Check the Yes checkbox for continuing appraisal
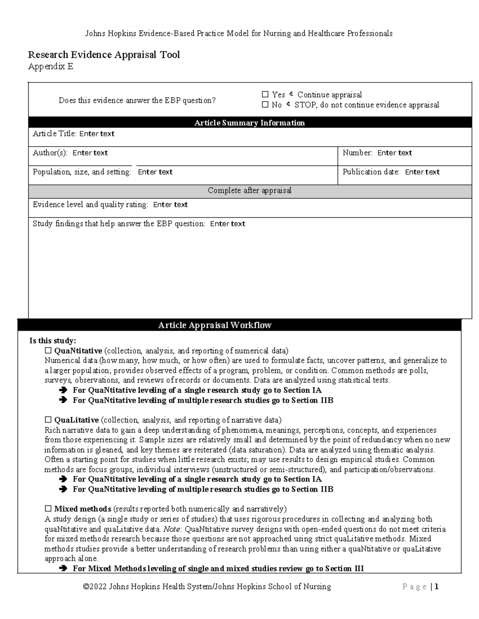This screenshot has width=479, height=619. (x=265, y=95)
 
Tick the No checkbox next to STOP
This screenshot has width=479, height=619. (x=265, y=105)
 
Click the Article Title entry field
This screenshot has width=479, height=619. (x=97, y=134)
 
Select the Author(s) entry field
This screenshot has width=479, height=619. (x=90, y=153)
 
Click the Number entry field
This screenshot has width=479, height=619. (x=394, y=153)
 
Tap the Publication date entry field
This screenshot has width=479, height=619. (x=422, y=172)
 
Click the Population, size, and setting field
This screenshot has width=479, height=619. (x=155, y=172)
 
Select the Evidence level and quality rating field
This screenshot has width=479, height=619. (x=170, y=205)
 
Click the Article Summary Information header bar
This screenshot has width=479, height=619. (x=249, y=123)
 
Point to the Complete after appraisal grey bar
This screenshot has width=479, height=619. (x=249, y=191)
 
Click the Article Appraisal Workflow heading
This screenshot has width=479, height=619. (x=215, y=326)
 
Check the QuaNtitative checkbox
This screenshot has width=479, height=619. (x=48, y=351)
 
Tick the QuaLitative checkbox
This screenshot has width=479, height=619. (x=48, y=420)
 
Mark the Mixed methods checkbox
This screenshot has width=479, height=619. (x=48, y=509)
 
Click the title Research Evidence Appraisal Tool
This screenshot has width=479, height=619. (x=104, y=55)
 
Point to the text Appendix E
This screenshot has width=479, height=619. (x=51, y=67)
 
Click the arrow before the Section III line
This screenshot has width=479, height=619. (x=63, y=569)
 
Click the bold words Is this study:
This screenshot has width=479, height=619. (x=53, y=341)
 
